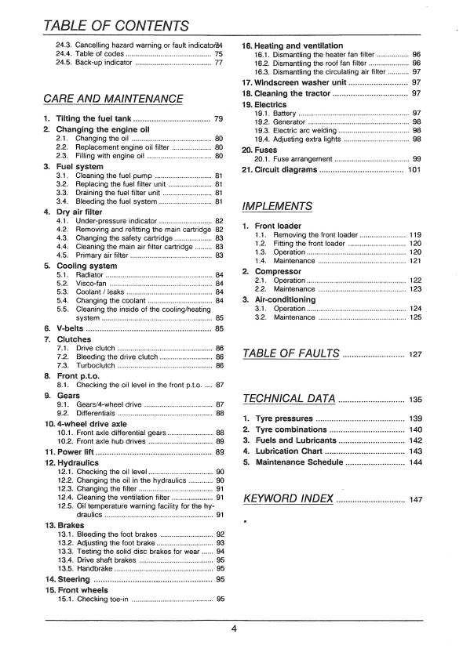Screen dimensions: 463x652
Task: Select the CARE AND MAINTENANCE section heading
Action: [113, 99]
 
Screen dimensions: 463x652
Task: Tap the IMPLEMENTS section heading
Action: [278, 207]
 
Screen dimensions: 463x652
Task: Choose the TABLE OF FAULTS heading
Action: [291, 353]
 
